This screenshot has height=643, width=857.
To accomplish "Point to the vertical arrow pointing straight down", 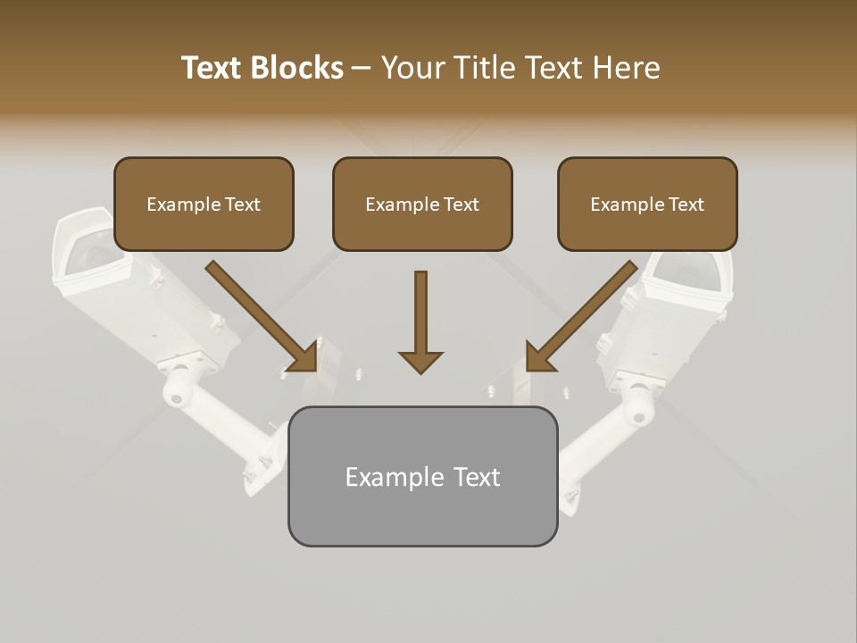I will (x=420, y=321).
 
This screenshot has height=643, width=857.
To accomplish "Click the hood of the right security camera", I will (x=691, y=273).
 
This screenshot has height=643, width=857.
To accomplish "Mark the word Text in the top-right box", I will (x=686, y=205).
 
